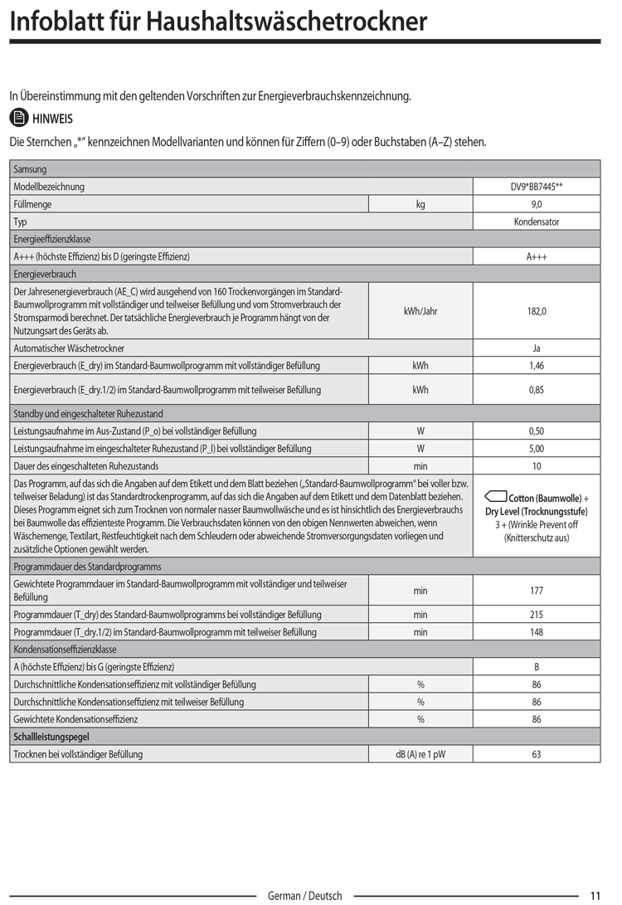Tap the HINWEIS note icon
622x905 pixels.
click(x=18, y=119)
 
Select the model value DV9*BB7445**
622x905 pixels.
click(x=536, y=187)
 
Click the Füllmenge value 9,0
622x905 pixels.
click(x=536, y=204)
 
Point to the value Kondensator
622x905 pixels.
click(x=536, y=221)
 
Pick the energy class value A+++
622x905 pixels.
click(x=536, y=256)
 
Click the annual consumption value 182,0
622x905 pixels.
click(x=536, y=311)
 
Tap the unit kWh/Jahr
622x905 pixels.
click(x=420, y=311)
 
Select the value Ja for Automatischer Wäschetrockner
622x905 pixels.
click(x=536, y=348)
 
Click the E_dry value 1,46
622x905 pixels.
click(x=536, y=366)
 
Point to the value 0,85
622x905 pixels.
click(x=536, y=390)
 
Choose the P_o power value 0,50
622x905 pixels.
click(x=536, y=431)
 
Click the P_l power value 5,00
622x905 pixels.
click(x=536, y=449)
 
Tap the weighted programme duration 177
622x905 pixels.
click(x=536, y=591)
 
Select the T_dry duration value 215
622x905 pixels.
click(x=536, y=615)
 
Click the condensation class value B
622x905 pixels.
click(x=536, y=667)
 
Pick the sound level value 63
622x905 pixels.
click(x=536, y=754)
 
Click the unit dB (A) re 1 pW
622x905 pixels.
click(x=420, y=754)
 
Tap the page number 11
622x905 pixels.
click(x=595, y=896)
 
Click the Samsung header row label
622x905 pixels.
click(x=31, y=169)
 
